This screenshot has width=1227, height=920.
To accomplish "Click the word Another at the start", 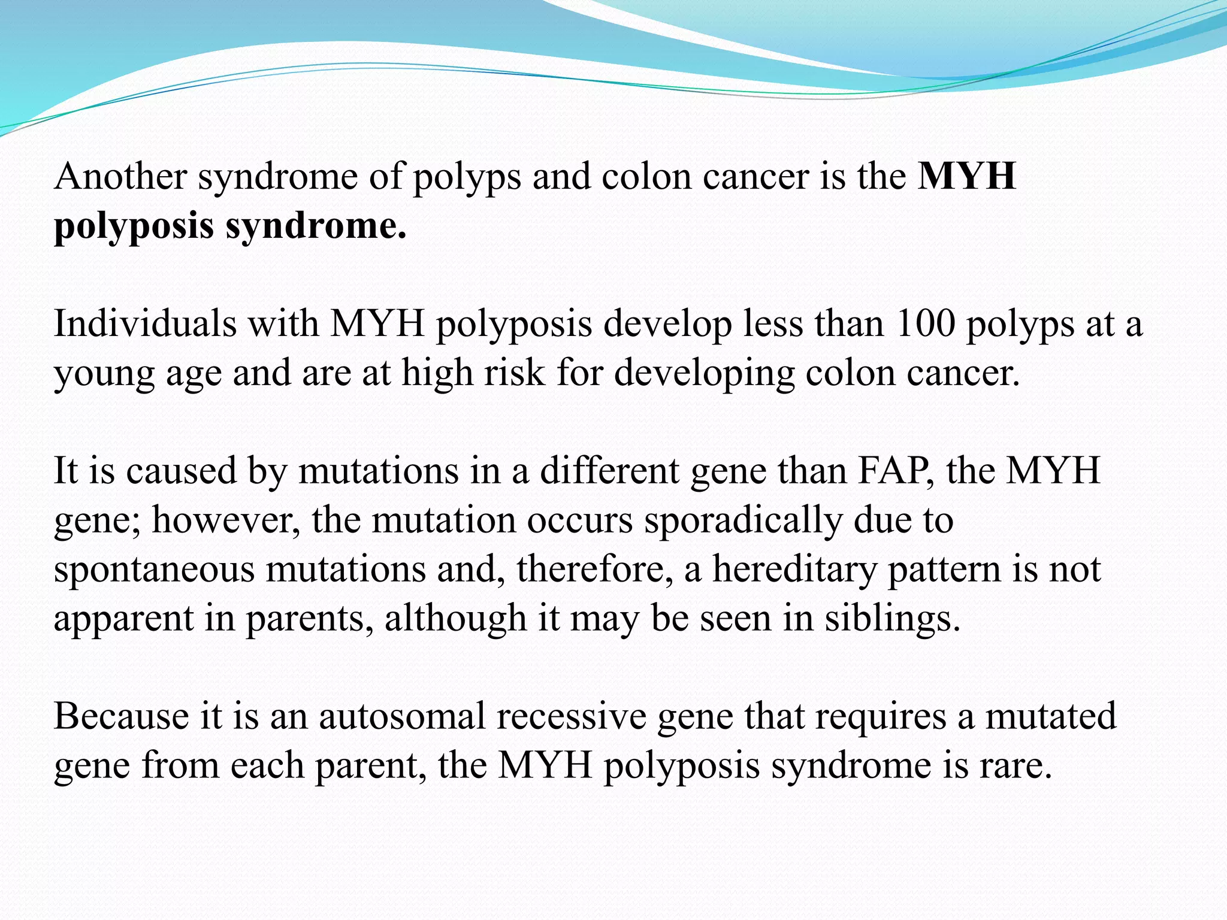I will (120, 177).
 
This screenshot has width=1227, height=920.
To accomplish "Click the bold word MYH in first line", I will (967, 177).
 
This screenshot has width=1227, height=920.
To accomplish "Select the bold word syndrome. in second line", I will (316, 226).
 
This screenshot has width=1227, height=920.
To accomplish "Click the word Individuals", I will (144, 324).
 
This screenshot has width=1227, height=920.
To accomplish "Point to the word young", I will (104, 374).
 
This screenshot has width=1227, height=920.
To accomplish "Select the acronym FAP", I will (894, 471).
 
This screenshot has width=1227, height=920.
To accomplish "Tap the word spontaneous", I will (154, 569).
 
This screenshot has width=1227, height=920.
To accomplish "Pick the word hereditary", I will (794, 569).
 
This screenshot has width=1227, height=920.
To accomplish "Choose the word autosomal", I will (401, 716).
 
